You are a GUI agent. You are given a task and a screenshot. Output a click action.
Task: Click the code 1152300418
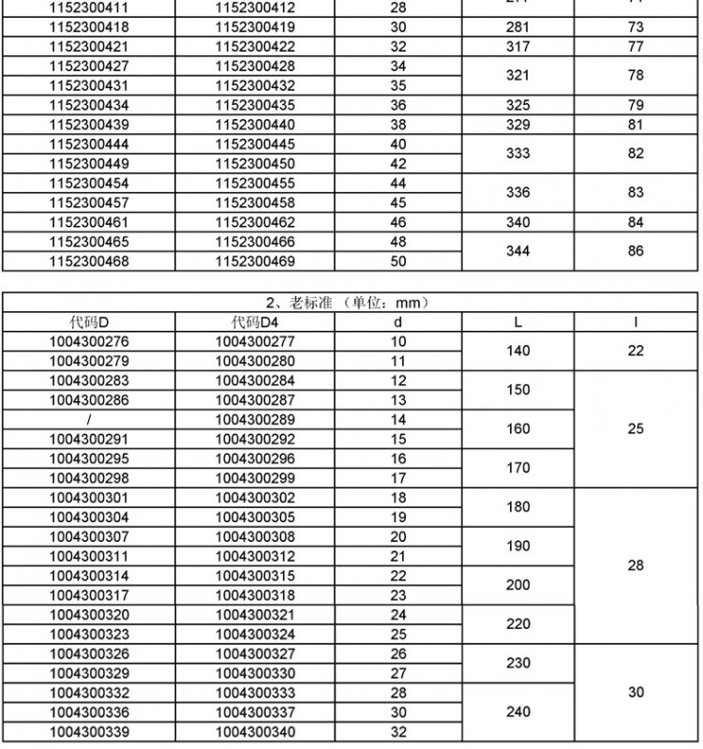[x=89, y=27]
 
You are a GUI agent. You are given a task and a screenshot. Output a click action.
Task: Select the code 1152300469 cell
[x=255, y=262]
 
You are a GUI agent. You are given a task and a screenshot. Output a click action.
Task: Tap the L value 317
[x=517, y=46]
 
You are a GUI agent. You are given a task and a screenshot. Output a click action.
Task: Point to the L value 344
[x=517, y=251]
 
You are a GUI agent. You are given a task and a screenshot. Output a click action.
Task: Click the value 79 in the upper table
[x=636, y=105]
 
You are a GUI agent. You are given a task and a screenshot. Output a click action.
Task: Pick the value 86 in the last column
[x=636, y=251]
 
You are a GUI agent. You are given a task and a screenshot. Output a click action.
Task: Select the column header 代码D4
[x=255, y=322]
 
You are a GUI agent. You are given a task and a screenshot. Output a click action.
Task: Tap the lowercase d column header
[x=398, y=322]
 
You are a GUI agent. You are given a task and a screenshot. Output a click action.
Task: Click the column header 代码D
[x=89, y=322]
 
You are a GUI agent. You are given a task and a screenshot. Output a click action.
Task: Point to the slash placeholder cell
[x=89, y=419]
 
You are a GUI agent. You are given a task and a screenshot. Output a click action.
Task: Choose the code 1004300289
[x=255, y=419]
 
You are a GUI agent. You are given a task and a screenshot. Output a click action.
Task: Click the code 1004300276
[x=89, y=341]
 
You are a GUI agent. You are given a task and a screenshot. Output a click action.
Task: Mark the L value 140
[x=517, y=351]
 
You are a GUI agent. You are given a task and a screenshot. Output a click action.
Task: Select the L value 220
[x=517, y=623]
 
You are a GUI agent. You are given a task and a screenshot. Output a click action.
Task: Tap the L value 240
[x=517, y=712]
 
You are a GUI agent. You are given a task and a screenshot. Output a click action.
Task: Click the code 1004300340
[x=255, y=731]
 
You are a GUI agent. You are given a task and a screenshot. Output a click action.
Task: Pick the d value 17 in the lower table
[x=398, y=477]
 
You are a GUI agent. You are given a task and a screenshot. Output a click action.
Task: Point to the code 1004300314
[x=89, y=575]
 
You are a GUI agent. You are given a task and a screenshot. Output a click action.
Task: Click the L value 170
[x=517, y=468]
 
